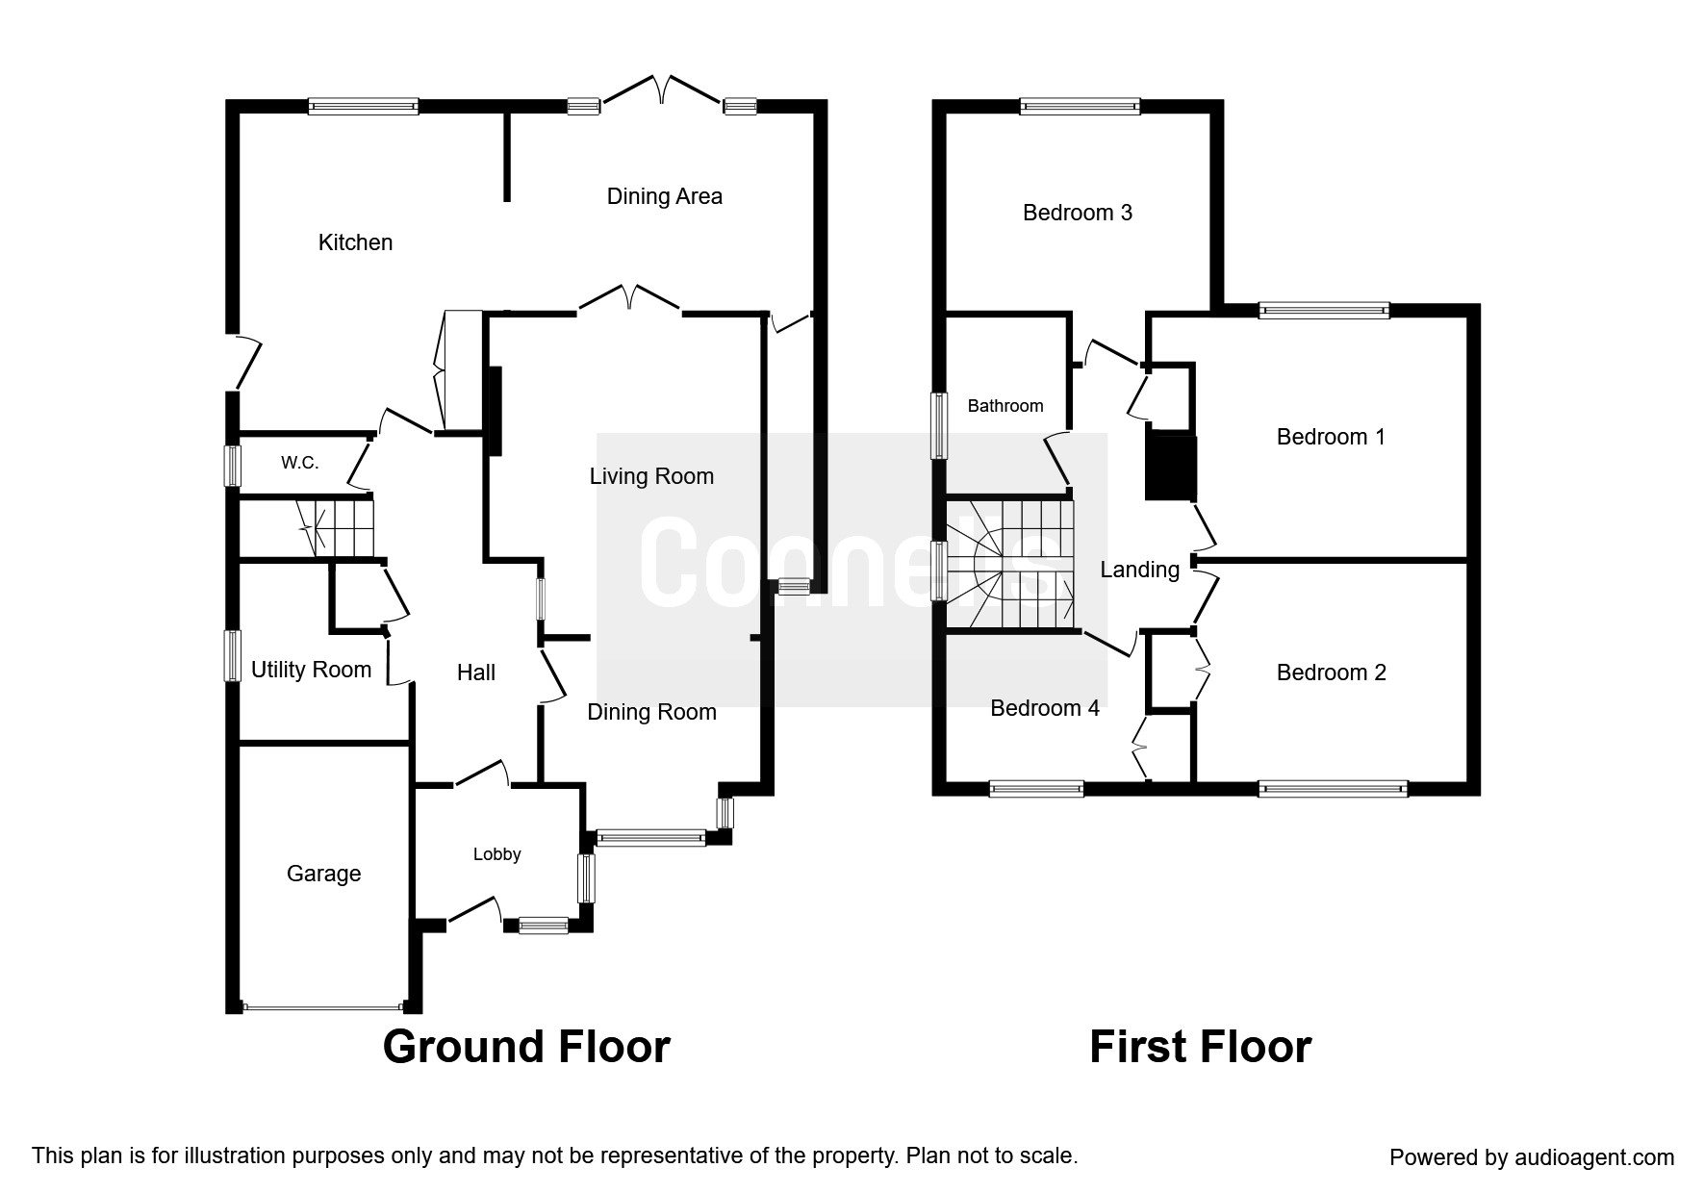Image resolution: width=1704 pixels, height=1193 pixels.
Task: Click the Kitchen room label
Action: coord(355,242)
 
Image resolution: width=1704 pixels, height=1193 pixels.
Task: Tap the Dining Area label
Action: coord(664,196)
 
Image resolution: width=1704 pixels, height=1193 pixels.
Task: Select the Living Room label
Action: coord(651,476)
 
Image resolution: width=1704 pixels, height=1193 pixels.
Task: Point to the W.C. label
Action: coord(299,463)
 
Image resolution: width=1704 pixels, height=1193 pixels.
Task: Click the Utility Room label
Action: coord(311,670)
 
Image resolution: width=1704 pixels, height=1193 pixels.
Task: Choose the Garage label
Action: coord(323,874)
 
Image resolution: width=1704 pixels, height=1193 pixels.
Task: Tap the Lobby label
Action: coord(496,854)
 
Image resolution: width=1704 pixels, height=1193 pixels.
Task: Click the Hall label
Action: coord(476,673)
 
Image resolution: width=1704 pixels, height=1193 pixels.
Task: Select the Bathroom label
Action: coord(1005,406)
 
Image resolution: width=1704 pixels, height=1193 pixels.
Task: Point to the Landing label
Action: coord(1139,570)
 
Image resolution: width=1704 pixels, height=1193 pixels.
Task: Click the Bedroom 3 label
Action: coord(1078,213)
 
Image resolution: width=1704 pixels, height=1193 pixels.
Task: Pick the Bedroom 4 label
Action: coord(1045,708)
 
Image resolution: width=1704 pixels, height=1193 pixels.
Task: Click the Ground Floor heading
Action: coord(526,1047)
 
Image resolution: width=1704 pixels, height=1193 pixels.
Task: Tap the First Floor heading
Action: coord(1200,1047)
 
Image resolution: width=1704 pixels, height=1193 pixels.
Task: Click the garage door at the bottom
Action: coord(323,1008)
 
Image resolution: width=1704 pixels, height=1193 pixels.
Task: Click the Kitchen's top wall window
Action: coord(364,107)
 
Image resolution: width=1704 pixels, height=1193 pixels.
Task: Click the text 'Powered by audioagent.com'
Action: coord(1532,1157)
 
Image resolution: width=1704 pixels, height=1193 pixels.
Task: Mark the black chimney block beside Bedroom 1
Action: coord(1170,468)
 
